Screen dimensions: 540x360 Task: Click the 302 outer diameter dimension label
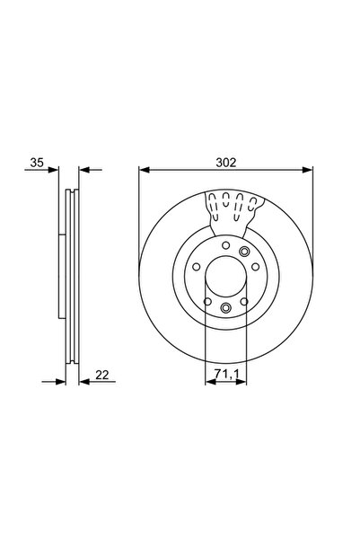(x=225, y=163)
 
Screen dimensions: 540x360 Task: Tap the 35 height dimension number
(x=36, y=163)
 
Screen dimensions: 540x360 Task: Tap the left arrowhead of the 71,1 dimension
(x=208, y=380)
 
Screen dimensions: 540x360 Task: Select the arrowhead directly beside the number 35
(x=54, y=170)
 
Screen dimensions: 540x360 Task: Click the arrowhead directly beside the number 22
(x=83, y=380)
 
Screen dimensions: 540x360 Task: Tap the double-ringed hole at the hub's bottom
(x=225, y=310)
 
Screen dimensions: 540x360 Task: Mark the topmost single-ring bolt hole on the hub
(x=225, y=244)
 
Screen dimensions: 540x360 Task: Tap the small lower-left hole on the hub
(x=207, y=302)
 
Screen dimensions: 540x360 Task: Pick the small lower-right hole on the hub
(x=243, y=302)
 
